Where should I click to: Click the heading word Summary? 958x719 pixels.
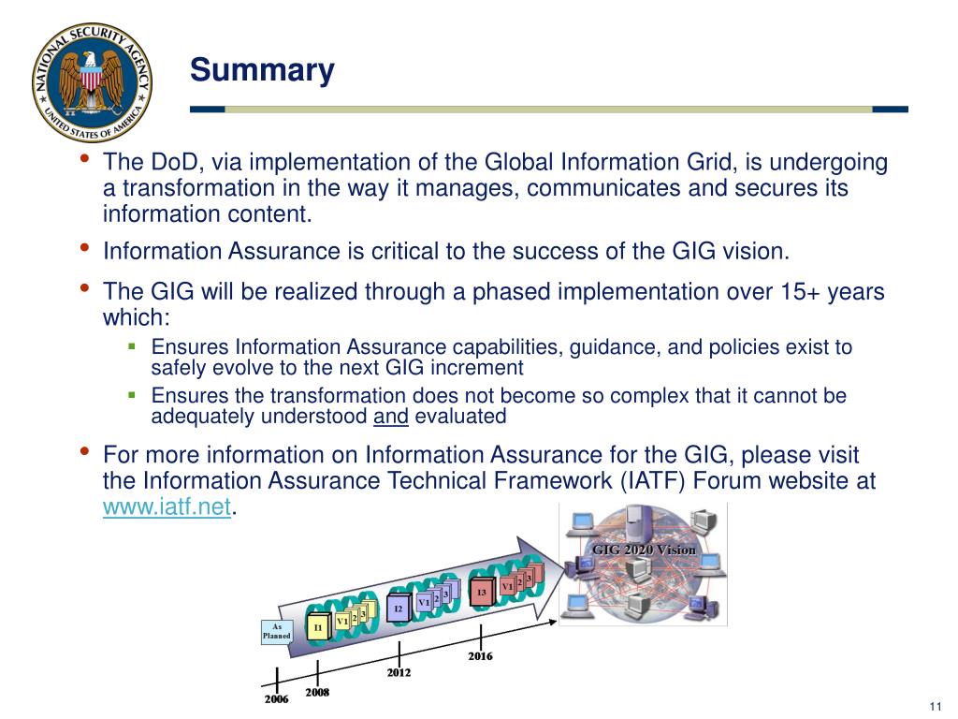click(262, 71)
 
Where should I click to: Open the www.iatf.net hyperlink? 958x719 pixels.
click(166, 508)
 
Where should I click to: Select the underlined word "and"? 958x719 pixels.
click(390, 417)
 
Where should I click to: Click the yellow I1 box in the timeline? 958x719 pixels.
click(319, 626)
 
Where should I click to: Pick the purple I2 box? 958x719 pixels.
click(398, 609)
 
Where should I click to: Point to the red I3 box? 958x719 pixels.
click(481, 593)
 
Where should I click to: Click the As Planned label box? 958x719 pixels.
click(276, 632)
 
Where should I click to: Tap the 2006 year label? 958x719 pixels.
click(276, 699)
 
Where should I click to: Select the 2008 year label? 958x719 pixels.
click(317, 694)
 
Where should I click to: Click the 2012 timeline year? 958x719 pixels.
click(399, 672)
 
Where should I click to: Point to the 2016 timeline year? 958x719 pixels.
click(480, 656)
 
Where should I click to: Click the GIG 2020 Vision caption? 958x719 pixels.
click(644, 550)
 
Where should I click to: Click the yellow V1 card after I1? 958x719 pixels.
click(342, 621)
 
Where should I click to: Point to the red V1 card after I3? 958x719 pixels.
click(507, 587)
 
